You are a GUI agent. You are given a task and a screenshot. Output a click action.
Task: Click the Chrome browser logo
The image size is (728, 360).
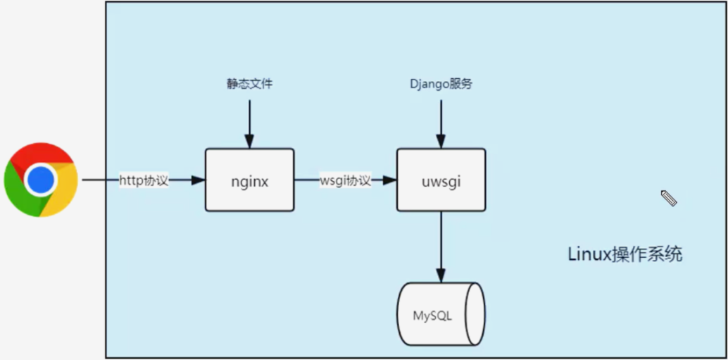[x=41, y=180]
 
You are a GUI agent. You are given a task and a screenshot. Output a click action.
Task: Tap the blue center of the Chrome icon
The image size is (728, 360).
[x=41, y=180]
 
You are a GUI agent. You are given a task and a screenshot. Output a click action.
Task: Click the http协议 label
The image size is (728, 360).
[x=144, y=180]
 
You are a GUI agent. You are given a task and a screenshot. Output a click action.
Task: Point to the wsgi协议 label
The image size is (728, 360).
[x=345, y=180]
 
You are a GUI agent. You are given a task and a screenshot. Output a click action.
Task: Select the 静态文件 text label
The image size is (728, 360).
[x=249, y=84]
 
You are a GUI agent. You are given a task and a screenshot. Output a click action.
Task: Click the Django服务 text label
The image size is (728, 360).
[x=441, y=84]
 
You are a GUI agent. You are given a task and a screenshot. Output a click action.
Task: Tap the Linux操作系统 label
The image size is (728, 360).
[x=625, y=254]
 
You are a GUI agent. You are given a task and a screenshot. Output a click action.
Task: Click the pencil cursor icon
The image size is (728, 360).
[x=669, y=199]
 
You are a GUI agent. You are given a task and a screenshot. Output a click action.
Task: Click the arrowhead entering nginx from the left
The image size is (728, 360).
[x=198, y=180]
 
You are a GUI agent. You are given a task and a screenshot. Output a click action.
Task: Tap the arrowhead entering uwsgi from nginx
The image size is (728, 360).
[x=389, y=180]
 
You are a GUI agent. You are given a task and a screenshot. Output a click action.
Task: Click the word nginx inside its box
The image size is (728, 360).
[x=250, y=181]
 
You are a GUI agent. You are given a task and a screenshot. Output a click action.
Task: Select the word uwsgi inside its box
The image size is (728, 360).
[x=441, y=181]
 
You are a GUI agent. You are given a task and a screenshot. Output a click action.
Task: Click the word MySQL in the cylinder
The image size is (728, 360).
[x=432, y=315]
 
